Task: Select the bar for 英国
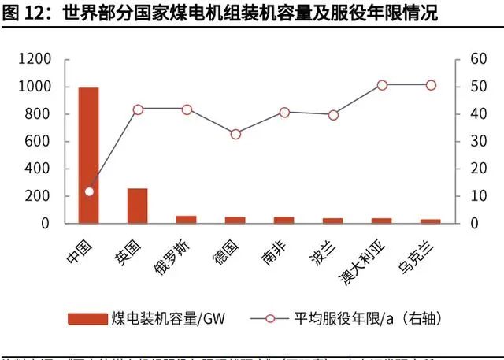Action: [138, 206]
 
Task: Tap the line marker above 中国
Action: [89, 191]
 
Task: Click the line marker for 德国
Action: [235, 134]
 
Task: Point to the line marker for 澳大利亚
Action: [382, 85]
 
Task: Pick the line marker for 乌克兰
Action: [431, 85]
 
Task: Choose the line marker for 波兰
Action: [333, 115]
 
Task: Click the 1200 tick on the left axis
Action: [34, 60]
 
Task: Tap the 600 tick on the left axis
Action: [38, 142]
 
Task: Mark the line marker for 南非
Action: [284, 113]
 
